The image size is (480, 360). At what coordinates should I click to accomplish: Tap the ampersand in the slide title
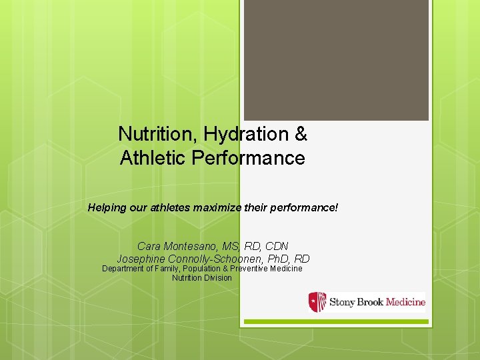301,134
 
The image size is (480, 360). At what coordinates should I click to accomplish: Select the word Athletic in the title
152,158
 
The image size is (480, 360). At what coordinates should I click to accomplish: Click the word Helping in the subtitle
107,208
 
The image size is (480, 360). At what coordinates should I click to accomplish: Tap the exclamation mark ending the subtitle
337,208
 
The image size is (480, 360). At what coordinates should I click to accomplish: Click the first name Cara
150,247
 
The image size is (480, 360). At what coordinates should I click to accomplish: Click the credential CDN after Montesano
276,247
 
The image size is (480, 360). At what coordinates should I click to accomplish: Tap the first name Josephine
143,259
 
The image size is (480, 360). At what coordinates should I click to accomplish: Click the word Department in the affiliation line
125,269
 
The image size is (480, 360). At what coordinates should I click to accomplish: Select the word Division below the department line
219,278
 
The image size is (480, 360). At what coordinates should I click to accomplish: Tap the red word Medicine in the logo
405,302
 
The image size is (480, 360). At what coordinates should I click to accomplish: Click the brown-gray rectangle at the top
336,60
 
